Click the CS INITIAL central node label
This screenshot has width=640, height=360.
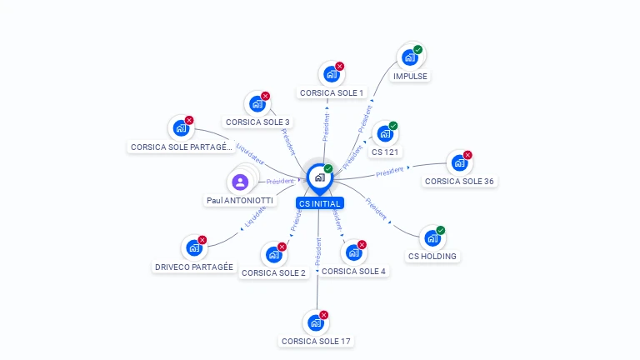coord(320,203)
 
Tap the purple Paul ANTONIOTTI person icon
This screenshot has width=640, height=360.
coord(240,182)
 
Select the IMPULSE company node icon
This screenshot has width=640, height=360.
coord(409,57)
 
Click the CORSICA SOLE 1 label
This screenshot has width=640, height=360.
coord(332,92)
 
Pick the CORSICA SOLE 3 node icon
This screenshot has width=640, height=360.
coord(257,104)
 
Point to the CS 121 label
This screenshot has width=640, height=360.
coord(386,152)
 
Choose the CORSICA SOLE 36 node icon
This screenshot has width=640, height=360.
coord(459,163)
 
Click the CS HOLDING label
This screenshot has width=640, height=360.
coord(432,256)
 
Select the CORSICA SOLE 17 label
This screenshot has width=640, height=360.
coord(316,341)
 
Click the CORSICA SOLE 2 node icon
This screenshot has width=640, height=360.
coord(273,255)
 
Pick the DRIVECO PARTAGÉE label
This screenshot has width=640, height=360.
coord(193,267)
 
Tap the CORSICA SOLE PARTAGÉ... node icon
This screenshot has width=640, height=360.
coord(180,129)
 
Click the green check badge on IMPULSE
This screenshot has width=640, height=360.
coord(418,49)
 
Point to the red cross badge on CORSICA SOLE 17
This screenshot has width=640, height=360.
coord(324,315)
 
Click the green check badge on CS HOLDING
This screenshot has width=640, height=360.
coord(441,230)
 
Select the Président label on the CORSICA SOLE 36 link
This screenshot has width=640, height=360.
coord(390,172)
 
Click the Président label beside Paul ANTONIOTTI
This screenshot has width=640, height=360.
coord(281,181)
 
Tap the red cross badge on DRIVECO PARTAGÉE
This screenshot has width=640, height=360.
coord(202,240)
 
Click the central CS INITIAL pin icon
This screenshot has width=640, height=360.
coord(320,177)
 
